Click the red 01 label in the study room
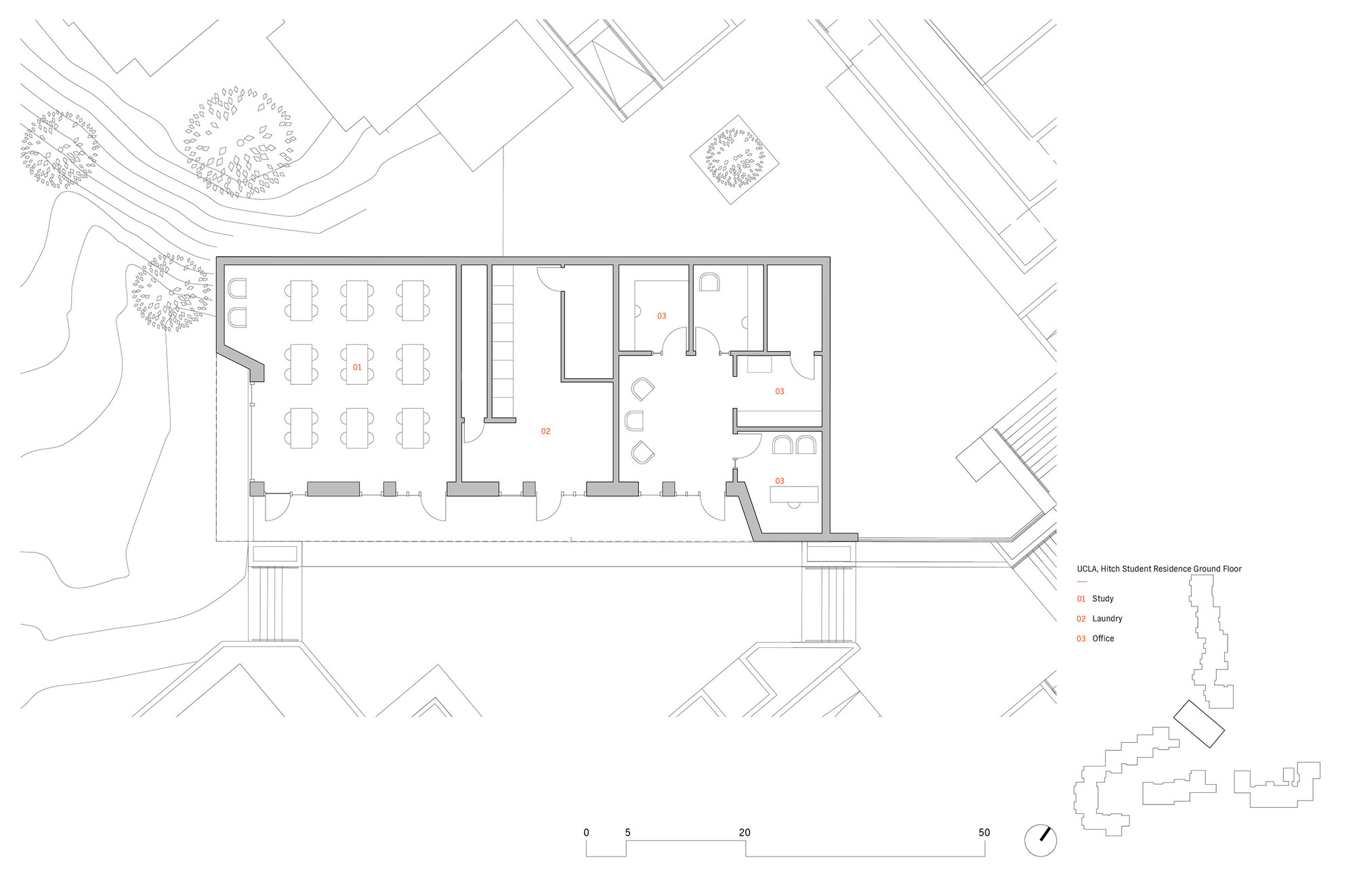click(x=357, y=367)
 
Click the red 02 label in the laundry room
click(x=545, y=431)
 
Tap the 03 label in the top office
click(x=661, y=316)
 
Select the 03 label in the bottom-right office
click(x=779, y=481)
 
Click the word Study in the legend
click(x=1102, y=598)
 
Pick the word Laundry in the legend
click(x=1107, y=619)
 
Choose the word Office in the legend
click(x=1102, y=638)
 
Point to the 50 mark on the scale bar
click(x=984, y=832)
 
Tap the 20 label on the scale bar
click(x=745, y=832)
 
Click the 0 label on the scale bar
click(x=586, y=832)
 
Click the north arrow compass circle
click(x=1040, y=840)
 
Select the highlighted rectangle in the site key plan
click(x=1198, y=724)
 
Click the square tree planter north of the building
click(x=734, y=160)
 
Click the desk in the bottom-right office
click(x=794, y=494)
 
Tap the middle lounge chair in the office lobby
click(x=634, y=421)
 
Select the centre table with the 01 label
click(x=357, y=365)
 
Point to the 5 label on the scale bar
click(x=627, y=832)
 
